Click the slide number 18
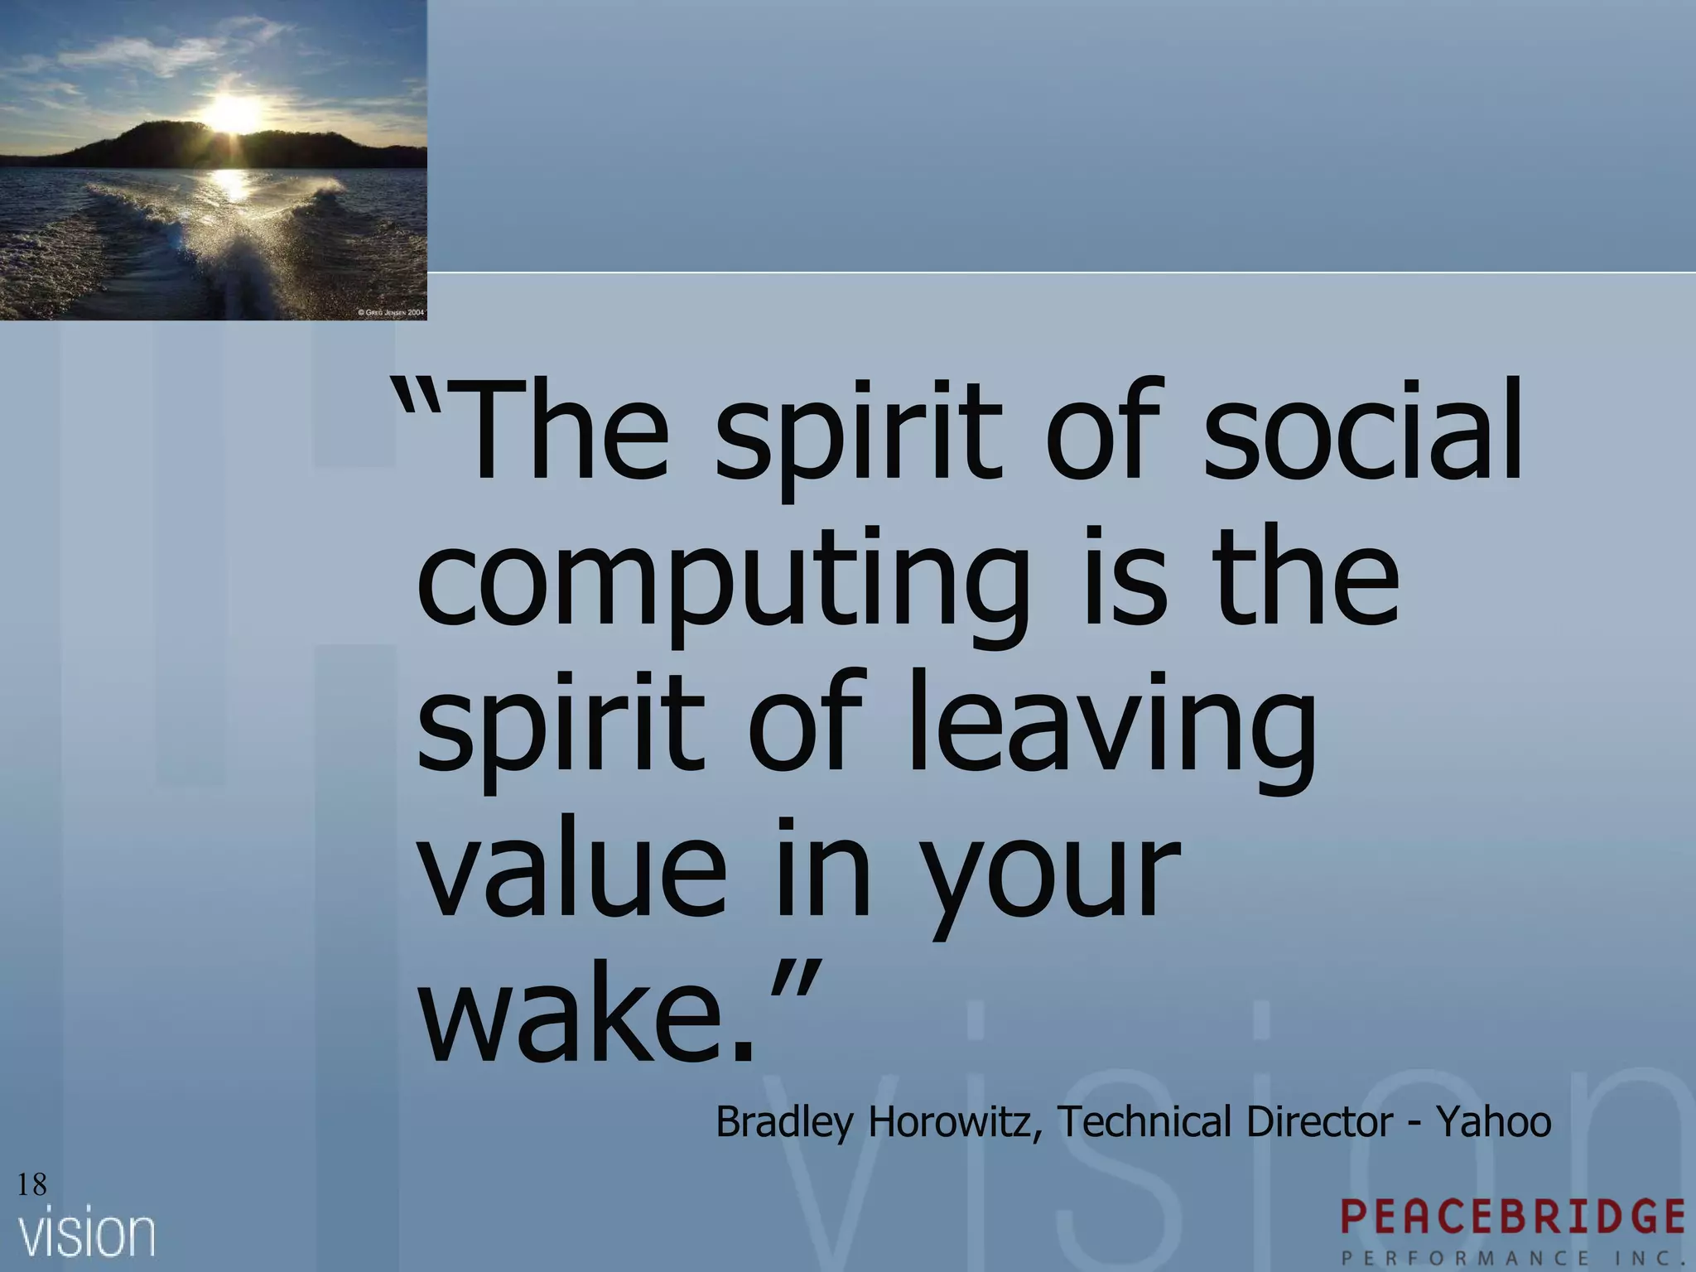pyautogui.click(x=31, y=1185)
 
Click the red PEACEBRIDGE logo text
pyautogui.click(x=1512, y=1217)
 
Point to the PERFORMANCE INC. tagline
pyautogui.click(x=1512, y=1257)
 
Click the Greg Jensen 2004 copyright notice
pyautogui.click(x=391, y=313)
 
